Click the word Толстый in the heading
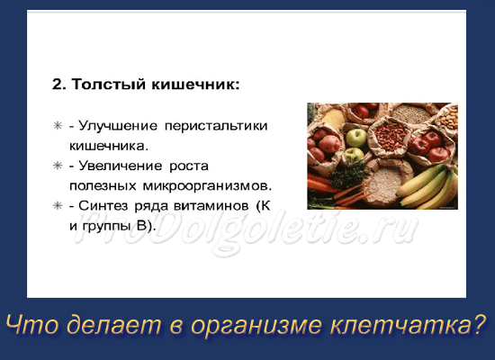click(x=109, y=85)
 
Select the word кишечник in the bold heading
click(x=194, y=85)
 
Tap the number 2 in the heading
click(x=58, y=85)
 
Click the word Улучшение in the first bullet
click(x=118, y=126)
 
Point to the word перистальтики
click(x=216, y=126)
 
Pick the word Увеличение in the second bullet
click(x=121, y=166)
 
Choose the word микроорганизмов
click(x=207, y=186)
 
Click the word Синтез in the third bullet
click(x=103, y=206)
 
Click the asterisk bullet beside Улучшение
click(x=58, y=126)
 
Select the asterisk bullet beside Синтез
click(x=58, y=206)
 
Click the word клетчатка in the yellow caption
click(x=403, y=324)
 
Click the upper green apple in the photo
click(x=356, y=138)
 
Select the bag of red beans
click(x=391, y=135)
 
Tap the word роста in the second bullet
click(x=189, y=166)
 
